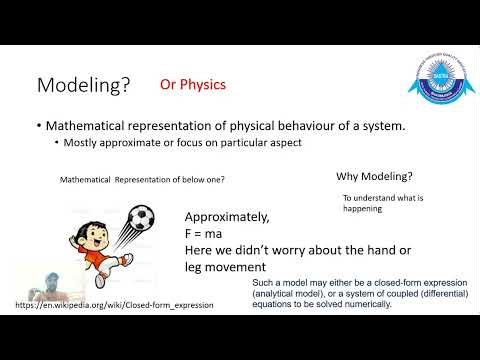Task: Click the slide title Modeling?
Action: (x=84, y=86)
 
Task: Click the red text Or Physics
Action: (x=193, y=85)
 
